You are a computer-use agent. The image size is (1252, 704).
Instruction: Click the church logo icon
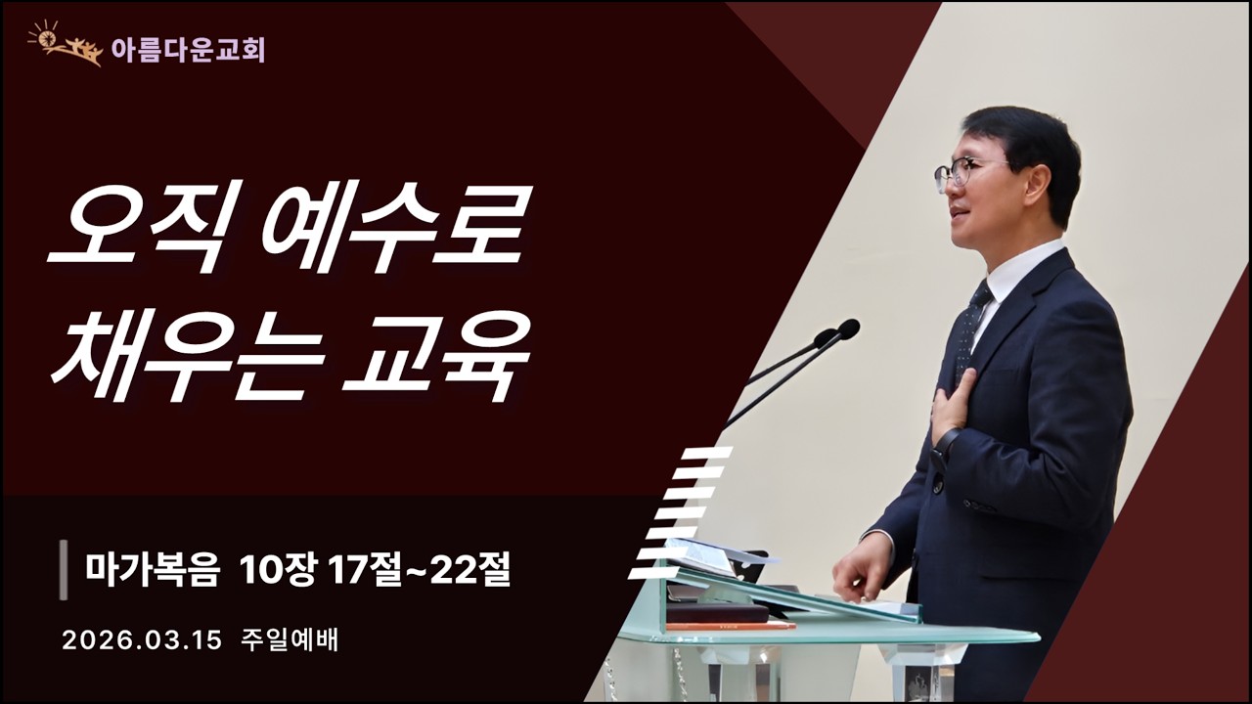click(66, 44)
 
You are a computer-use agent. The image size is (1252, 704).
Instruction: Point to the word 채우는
click(186, 357)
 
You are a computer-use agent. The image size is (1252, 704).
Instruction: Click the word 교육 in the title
click(435, 357)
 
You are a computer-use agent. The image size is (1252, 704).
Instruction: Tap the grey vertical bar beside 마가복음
click(65, 569)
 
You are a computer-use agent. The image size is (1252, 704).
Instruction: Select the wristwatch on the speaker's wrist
click(943, 445)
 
